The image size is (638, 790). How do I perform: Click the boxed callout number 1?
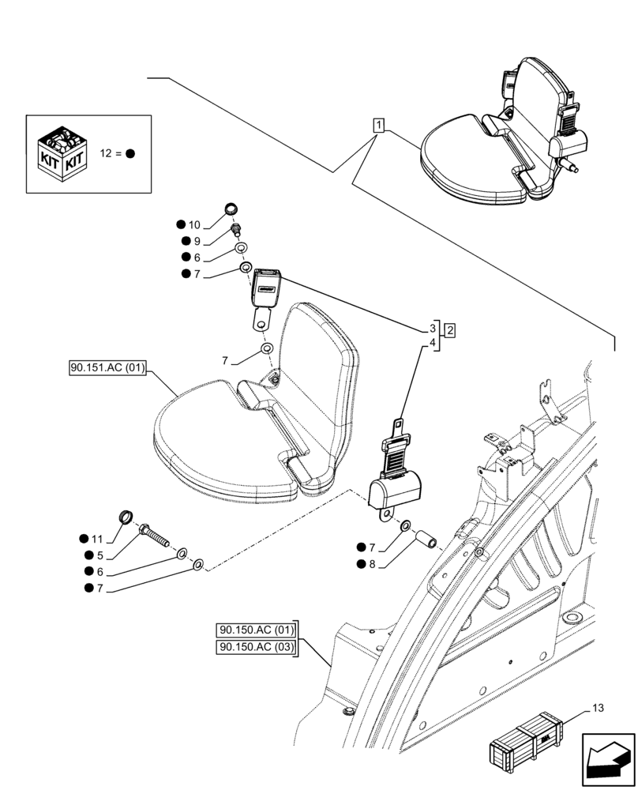(380, 125)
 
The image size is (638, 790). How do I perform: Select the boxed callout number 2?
(448, 330)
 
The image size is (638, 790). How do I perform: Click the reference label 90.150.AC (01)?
(254, 630)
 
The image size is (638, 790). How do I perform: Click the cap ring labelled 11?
(126, 518)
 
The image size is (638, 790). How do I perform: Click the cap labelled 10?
(231, 209)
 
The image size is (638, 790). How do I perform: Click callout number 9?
(198, 242)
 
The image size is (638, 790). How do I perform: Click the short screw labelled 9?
(235, 231)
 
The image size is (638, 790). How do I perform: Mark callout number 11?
(97, 539)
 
